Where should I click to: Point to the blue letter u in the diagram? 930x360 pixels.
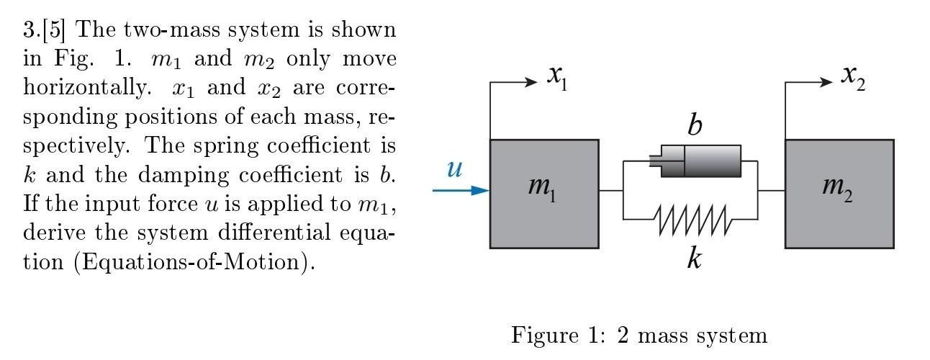454,168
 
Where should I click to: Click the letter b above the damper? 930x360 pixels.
694,125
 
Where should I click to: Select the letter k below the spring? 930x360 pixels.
694,258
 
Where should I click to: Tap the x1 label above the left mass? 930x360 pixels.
557,76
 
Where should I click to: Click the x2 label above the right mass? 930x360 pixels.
853,76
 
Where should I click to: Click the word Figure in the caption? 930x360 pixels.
541,336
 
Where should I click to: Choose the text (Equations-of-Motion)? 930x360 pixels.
194,261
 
